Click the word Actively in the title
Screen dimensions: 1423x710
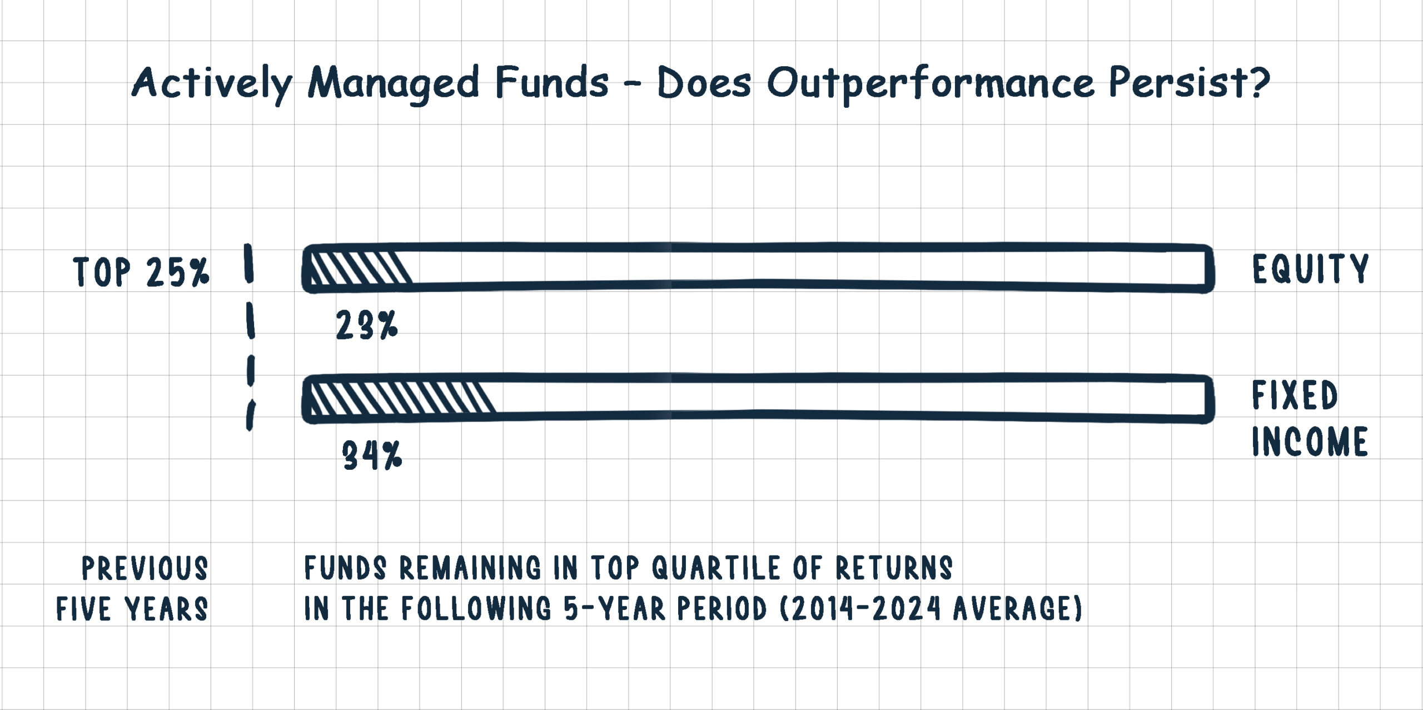pos(212,84)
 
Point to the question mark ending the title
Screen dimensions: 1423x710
pos(1258,81)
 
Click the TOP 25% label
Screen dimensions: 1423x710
pos(141,272)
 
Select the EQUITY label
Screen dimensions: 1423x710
pos(1310,269)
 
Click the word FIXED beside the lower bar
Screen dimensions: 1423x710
pos(1295,395)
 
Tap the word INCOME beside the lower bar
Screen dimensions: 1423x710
pos(1310,441)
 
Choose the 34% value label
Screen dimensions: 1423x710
pos(372,455)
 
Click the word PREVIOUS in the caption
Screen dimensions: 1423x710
pos(145,568)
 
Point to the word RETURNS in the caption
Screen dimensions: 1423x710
pos(894,568)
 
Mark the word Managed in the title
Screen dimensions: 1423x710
pos(394,84)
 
